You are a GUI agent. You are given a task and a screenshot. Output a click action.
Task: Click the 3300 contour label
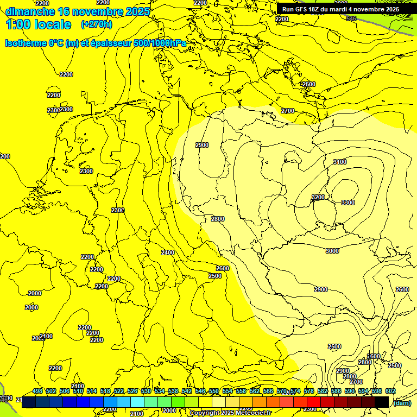coord(347,203)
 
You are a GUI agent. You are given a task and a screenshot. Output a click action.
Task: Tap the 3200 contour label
coord(318,197)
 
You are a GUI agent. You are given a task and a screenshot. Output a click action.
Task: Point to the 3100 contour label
coord(340,162)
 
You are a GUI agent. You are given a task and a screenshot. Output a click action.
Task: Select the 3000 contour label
coord(332,251)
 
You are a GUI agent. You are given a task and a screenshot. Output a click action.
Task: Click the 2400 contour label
coord(168,252)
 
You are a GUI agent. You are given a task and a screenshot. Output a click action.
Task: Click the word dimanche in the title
coord(29,11)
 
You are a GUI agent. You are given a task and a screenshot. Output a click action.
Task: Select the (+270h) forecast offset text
coord(97,24)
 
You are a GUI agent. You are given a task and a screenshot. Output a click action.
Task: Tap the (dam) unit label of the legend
coord(402,402)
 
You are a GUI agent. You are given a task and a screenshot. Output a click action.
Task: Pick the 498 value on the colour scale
coord(37,391)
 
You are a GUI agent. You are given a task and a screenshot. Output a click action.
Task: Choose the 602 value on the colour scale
coord(390,391)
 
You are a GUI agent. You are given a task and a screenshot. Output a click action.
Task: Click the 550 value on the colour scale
coord(214,391)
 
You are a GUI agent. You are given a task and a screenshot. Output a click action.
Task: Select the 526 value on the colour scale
coord(132,391)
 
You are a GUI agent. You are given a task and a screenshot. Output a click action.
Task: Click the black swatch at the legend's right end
coord(382,402)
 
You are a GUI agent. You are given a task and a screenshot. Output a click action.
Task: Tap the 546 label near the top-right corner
coord(351,18)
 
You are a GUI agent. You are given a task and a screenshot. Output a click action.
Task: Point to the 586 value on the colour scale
coord(336,391)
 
